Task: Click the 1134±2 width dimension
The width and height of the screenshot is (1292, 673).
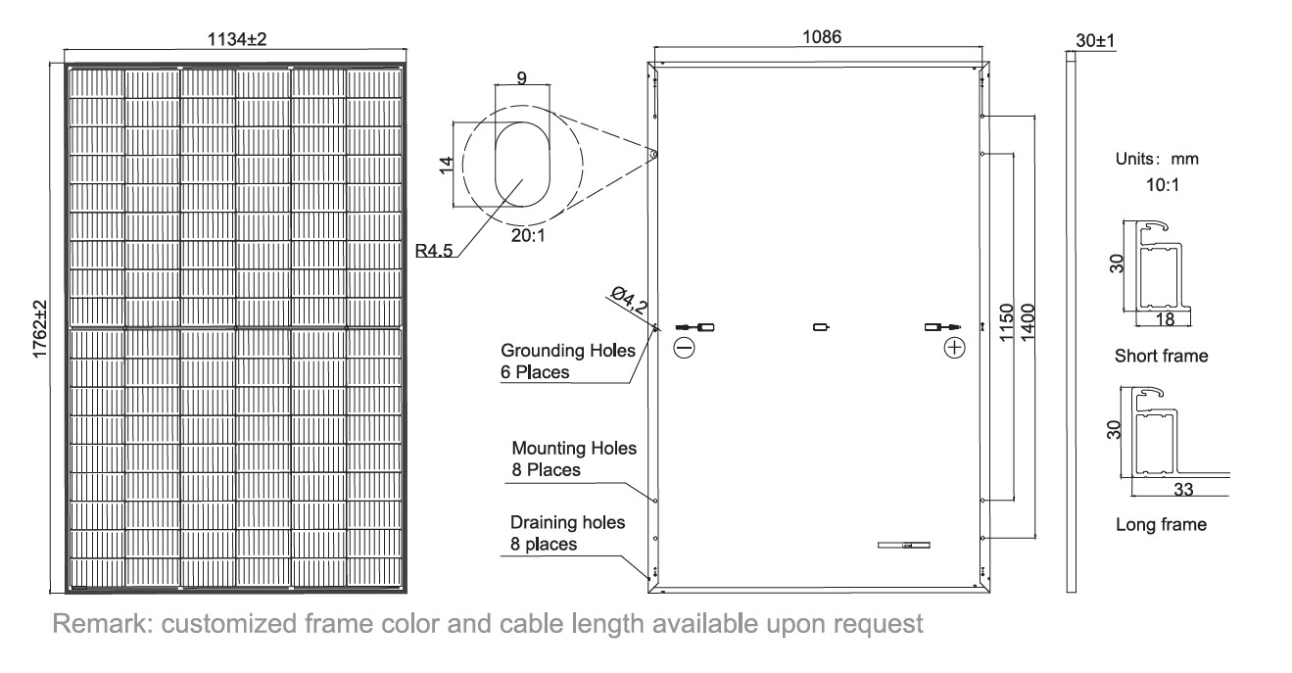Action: click(x=236, y=39)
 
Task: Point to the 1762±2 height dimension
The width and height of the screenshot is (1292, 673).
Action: click(x=40, y=329)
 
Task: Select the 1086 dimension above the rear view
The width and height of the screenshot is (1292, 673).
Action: click(x=822, y=37)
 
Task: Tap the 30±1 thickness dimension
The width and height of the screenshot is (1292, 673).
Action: click(x=1095, y=41)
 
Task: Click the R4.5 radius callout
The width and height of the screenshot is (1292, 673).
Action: click(x=434, y=251)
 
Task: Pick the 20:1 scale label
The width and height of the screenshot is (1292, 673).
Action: click(x=528, y=235)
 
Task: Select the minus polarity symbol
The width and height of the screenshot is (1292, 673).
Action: click(x=684, y=348)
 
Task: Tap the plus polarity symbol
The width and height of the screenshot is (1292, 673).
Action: click(x=955, y=348)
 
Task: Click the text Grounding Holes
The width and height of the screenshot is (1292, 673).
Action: click(x=567, y=350)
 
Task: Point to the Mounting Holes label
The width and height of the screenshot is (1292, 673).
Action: click(x=574, y=448)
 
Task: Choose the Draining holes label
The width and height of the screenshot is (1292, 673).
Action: click(x=567, y=522)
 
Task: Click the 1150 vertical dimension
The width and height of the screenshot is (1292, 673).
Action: click(x=1006, y=322)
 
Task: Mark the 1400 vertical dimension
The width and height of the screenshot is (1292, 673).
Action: click(x=1028, y=322)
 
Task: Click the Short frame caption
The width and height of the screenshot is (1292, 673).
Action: click(x=1161, y=356)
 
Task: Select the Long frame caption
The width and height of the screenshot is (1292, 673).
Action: click(x=1161, y=524)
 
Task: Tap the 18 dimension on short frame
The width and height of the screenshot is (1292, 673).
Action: click(x=1165, y=319)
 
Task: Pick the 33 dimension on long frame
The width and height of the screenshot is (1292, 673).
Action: click(x=1183, y=489)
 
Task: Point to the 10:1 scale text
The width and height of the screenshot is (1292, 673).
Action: click(x=1163, y=185)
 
